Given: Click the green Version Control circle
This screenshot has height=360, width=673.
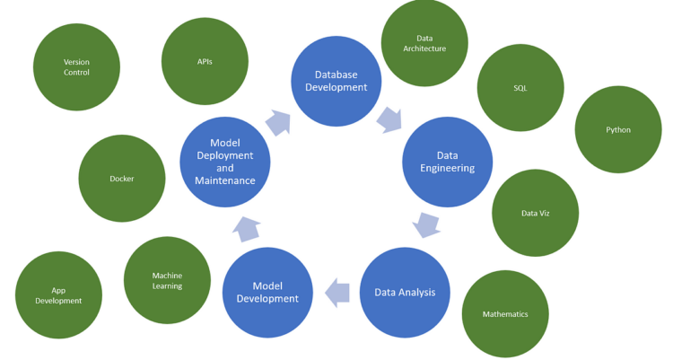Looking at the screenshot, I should click(x=76, y=67).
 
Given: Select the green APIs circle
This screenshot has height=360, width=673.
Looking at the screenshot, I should click(x=205, y=61).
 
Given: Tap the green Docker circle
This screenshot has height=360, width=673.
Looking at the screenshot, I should click(x=122, y=179).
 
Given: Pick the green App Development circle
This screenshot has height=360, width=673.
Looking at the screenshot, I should click(x=58, y=294).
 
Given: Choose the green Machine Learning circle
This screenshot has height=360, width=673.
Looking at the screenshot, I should click(x=167, y=280).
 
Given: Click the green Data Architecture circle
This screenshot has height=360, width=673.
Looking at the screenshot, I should click(x=424, y=43).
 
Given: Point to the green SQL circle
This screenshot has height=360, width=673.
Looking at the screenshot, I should click(x=520, y=88).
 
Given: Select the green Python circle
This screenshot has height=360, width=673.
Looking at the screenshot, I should click(x=618, y=129).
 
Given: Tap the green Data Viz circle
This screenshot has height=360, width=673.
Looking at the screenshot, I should click(x=535, y=213).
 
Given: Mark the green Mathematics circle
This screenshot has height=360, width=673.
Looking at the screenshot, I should click(x=505, y=314).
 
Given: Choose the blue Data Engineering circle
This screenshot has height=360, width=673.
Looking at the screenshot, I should click(x=448, y=162).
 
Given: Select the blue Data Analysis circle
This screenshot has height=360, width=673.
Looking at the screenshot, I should click(x=405, y=292).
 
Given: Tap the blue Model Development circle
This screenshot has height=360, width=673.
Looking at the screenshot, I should click(x=267, y=292).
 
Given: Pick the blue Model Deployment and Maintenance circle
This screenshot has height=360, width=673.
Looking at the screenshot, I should click(x=224, y=162).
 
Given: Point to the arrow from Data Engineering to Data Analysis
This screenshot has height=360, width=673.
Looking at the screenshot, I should click(x=427, y=224).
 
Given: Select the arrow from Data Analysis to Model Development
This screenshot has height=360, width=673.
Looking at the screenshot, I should click(x=337, y=291).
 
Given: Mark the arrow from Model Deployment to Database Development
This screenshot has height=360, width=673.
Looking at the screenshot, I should click(x=278, y=121).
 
